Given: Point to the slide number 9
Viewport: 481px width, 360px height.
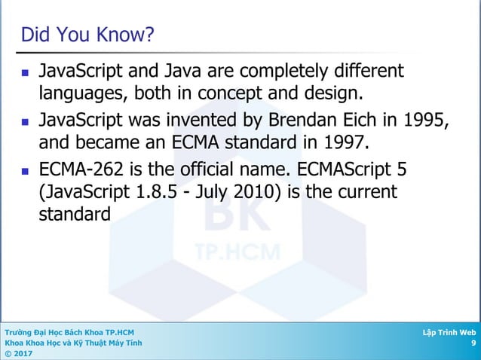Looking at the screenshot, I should [x=473, y=343].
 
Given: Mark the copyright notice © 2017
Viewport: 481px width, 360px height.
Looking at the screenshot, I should [x=18, y=354].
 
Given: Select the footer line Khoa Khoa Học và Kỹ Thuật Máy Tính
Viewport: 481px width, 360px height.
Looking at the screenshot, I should [x=72, y=343].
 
